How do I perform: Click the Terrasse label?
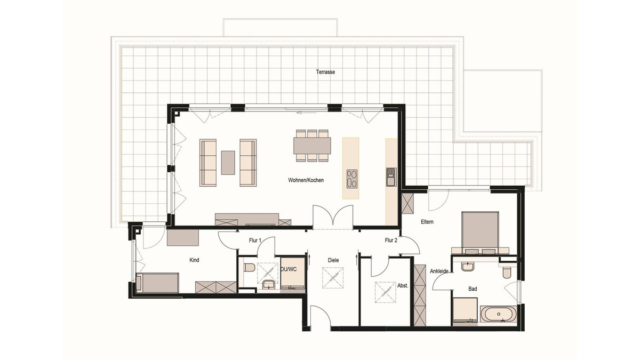tap(325, 72)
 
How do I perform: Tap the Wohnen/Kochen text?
tap(306, 180)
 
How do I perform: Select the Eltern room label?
tap(427, 222)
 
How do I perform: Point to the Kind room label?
tap(194, 260)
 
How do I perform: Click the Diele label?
tap(333, 260)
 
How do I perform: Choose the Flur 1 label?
tap(255, 241)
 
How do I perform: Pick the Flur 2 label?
tap(391, 241)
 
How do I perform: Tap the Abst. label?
tap(403, 285)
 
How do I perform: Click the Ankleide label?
tap(439, 271)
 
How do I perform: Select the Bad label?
tap(473, 289)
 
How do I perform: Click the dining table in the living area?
tap(312, 146)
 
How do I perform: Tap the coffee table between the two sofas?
tap(228, 163)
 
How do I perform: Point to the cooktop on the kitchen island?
tap(351, 179)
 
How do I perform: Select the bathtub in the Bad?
tap(499, 314)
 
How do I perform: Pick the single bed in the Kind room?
tap(157, 283)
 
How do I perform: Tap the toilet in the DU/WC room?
tap(250, 268)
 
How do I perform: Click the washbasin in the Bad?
tap(467, 266)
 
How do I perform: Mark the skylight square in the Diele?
tap(333, 278)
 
